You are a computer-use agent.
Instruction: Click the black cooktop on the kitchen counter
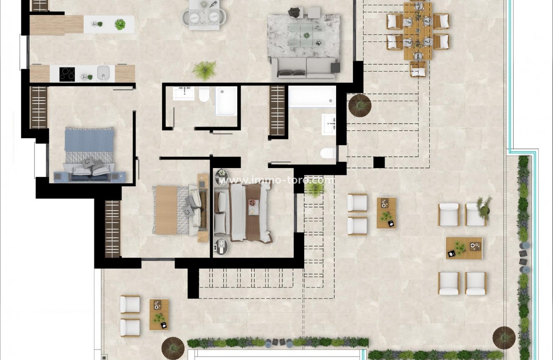67,74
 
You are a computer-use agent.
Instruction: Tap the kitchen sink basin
103,73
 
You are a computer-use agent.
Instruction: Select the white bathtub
312,97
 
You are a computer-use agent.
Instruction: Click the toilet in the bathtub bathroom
328,153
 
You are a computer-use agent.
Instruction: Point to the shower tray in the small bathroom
226,101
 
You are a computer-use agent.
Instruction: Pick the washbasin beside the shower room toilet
183,93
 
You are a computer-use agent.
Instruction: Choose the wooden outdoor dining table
418,31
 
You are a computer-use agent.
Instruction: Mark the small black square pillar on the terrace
379,162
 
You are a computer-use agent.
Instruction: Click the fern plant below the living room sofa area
204,70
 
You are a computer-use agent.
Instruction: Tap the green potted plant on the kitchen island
120,24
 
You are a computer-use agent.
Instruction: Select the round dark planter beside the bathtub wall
359,105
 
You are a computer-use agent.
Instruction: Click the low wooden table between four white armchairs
464,248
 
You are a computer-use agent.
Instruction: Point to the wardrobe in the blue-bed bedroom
39,107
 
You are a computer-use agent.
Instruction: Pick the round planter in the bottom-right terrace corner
504,337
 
